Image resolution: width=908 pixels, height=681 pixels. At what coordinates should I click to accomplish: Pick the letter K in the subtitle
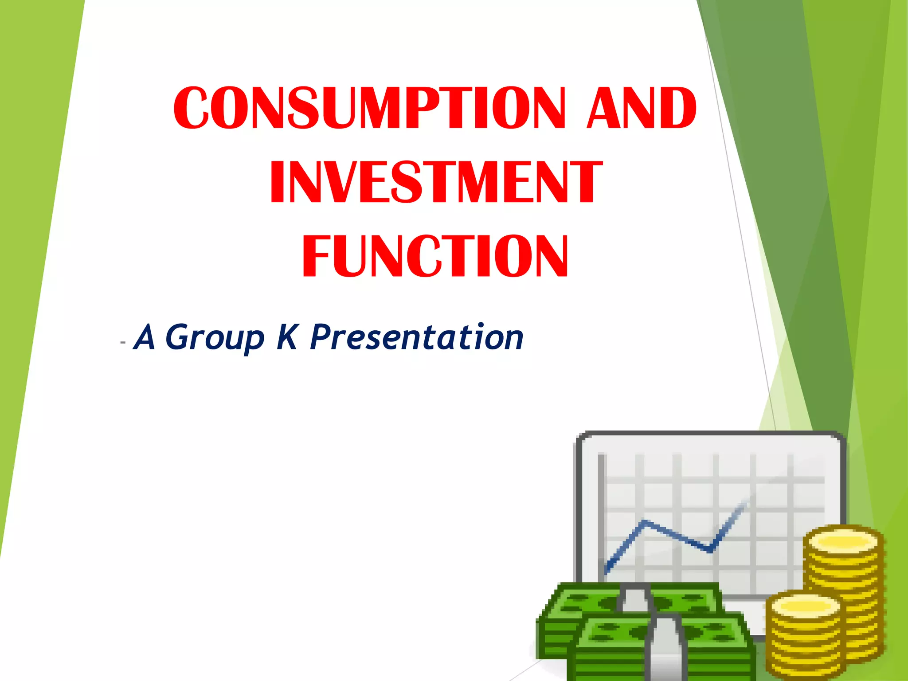pos(287,337)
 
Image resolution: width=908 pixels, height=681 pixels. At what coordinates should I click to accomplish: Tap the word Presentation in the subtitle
pos(417,337)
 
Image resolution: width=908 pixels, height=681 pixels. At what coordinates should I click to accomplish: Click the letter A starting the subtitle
pos(145,337)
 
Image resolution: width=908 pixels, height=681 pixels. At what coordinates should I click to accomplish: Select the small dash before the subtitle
pos(123,343)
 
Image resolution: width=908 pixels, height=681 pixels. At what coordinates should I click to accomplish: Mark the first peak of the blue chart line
pos(645,522)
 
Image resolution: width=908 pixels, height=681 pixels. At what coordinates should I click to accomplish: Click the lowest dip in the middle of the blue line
pos(709,551)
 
